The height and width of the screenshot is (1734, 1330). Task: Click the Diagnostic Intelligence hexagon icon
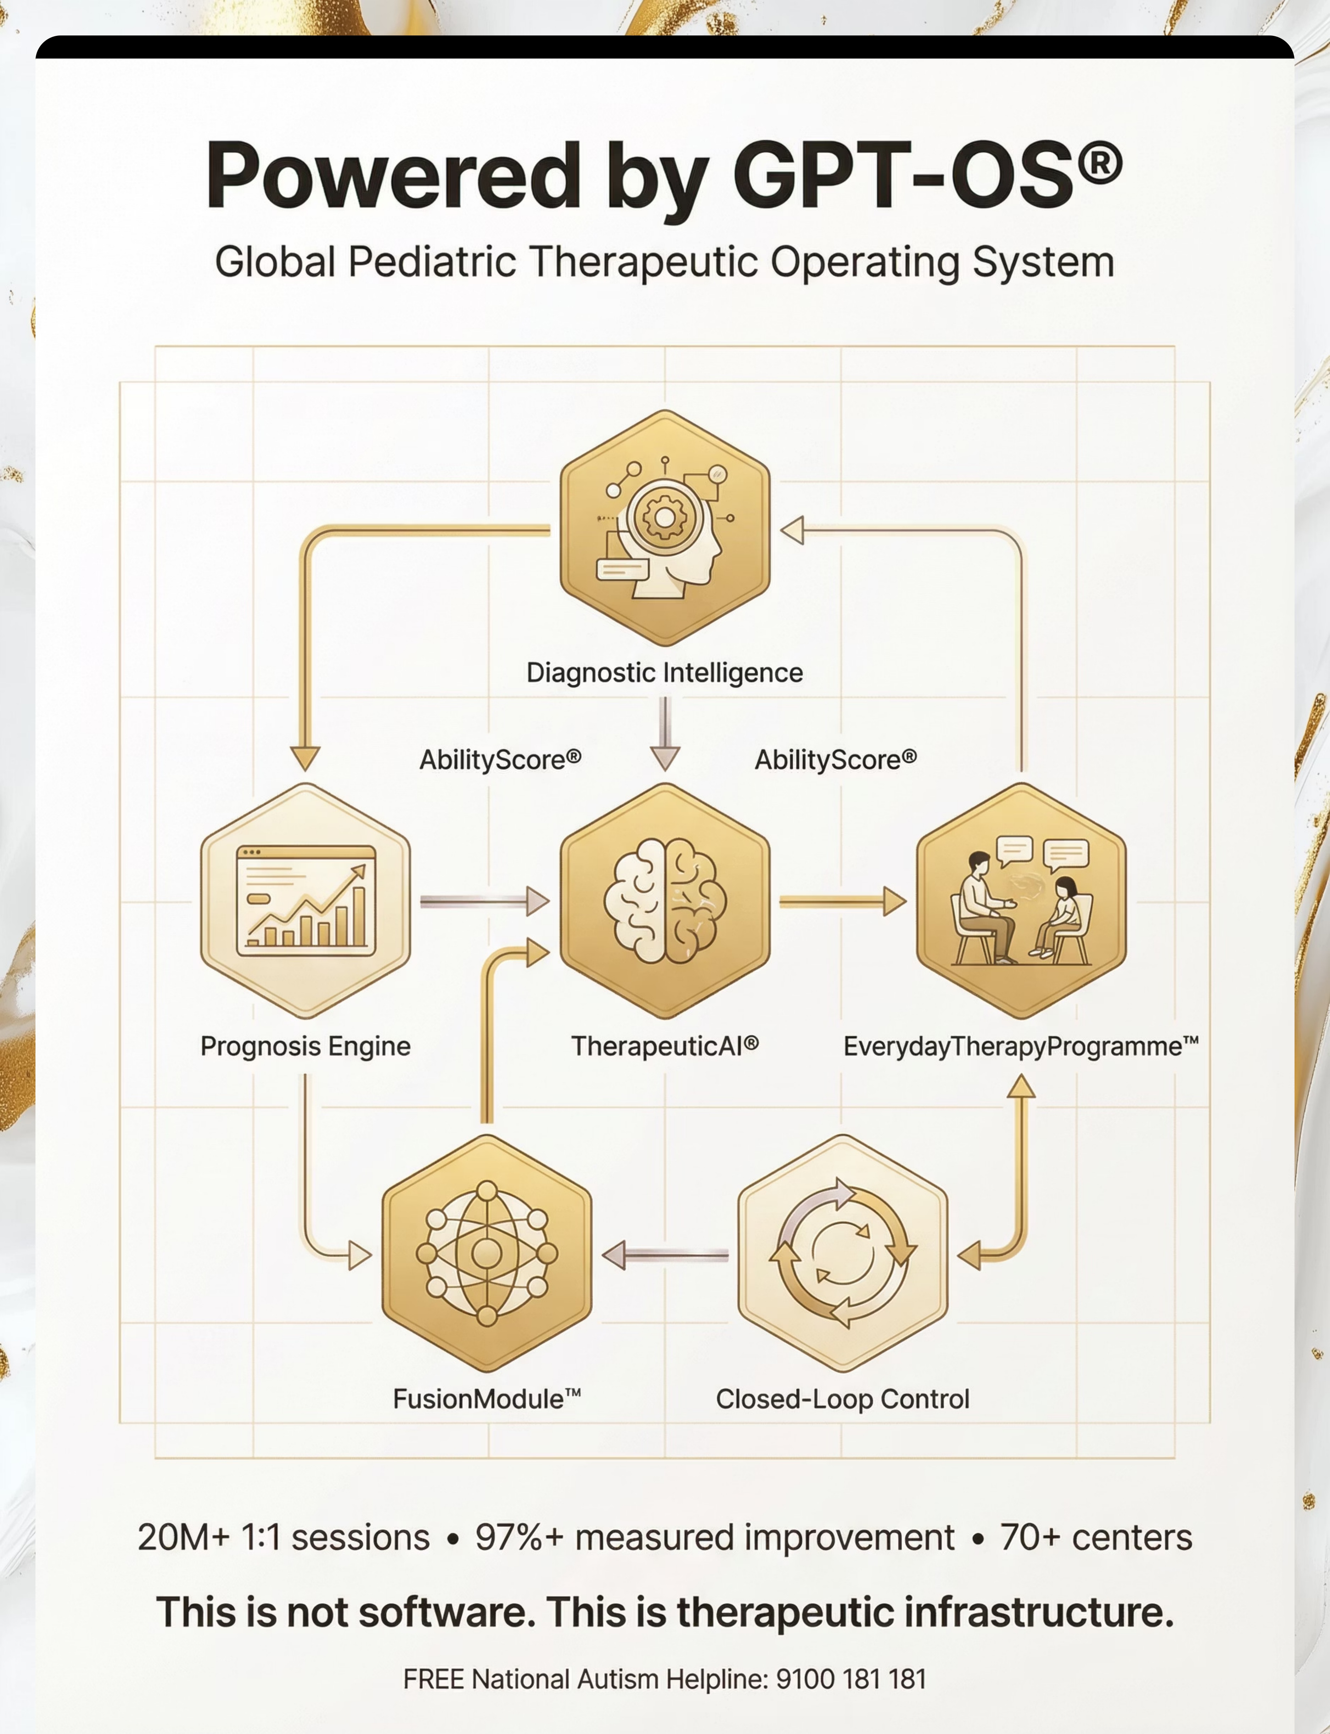point(665,528)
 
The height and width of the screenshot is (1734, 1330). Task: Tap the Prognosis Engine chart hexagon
point(306,901)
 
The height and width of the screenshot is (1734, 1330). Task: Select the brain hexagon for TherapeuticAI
point(665,901)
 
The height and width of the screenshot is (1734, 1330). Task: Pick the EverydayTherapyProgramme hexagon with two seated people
point(1021,901)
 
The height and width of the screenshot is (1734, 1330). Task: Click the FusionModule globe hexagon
point(487,1253)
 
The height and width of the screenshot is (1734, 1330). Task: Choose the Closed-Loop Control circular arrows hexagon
point(843,1253)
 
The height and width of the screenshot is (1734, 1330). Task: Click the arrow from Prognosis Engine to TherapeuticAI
point(484,901)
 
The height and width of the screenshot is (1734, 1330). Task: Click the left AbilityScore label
point(500,760)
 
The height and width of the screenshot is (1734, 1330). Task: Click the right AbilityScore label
point(836,760)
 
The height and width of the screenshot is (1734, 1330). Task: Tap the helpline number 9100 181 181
point(851,1679)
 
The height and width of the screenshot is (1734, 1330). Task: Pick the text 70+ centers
point(1097,1538)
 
